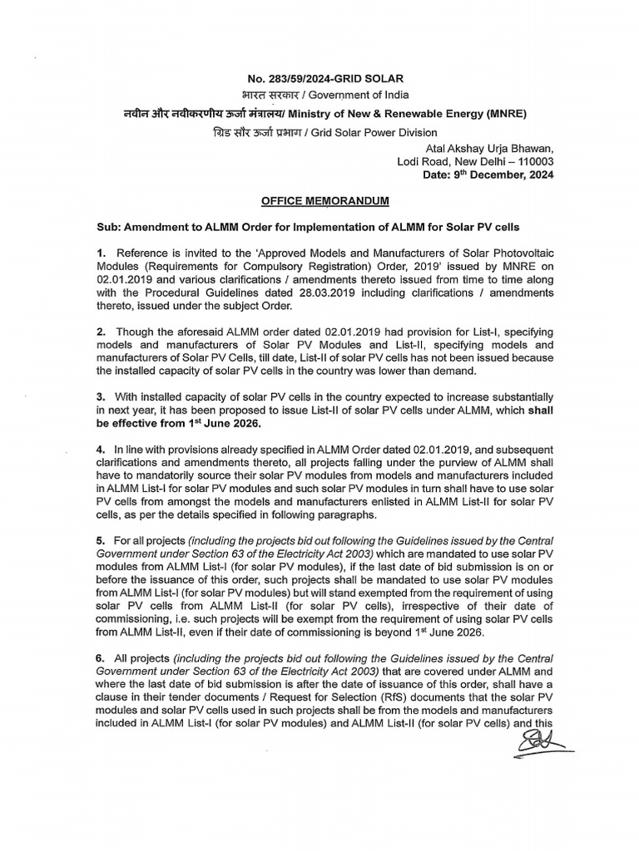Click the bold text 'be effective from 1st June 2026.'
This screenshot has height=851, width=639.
[x=180, y=424]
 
